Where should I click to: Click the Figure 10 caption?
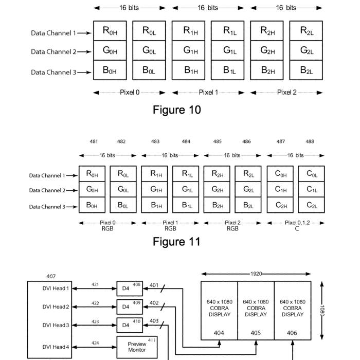coord(176,110)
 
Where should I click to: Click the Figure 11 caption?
coord(176,241)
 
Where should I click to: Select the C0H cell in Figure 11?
coord(280,174)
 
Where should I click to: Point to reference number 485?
coord(218,141)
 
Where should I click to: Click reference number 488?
coord(310,141)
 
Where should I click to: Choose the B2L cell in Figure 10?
coord(306,70)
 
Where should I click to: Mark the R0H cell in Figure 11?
coord(92,174)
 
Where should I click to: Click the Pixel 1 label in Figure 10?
coord(208,93)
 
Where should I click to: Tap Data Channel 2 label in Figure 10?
coord(53,51)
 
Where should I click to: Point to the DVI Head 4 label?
coord(56,347)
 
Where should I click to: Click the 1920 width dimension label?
coord(256,274)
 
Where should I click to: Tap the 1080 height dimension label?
coord(323,310)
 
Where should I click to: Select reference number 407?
coord(51,277)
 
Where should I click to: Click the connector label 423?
coord(95,322)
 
